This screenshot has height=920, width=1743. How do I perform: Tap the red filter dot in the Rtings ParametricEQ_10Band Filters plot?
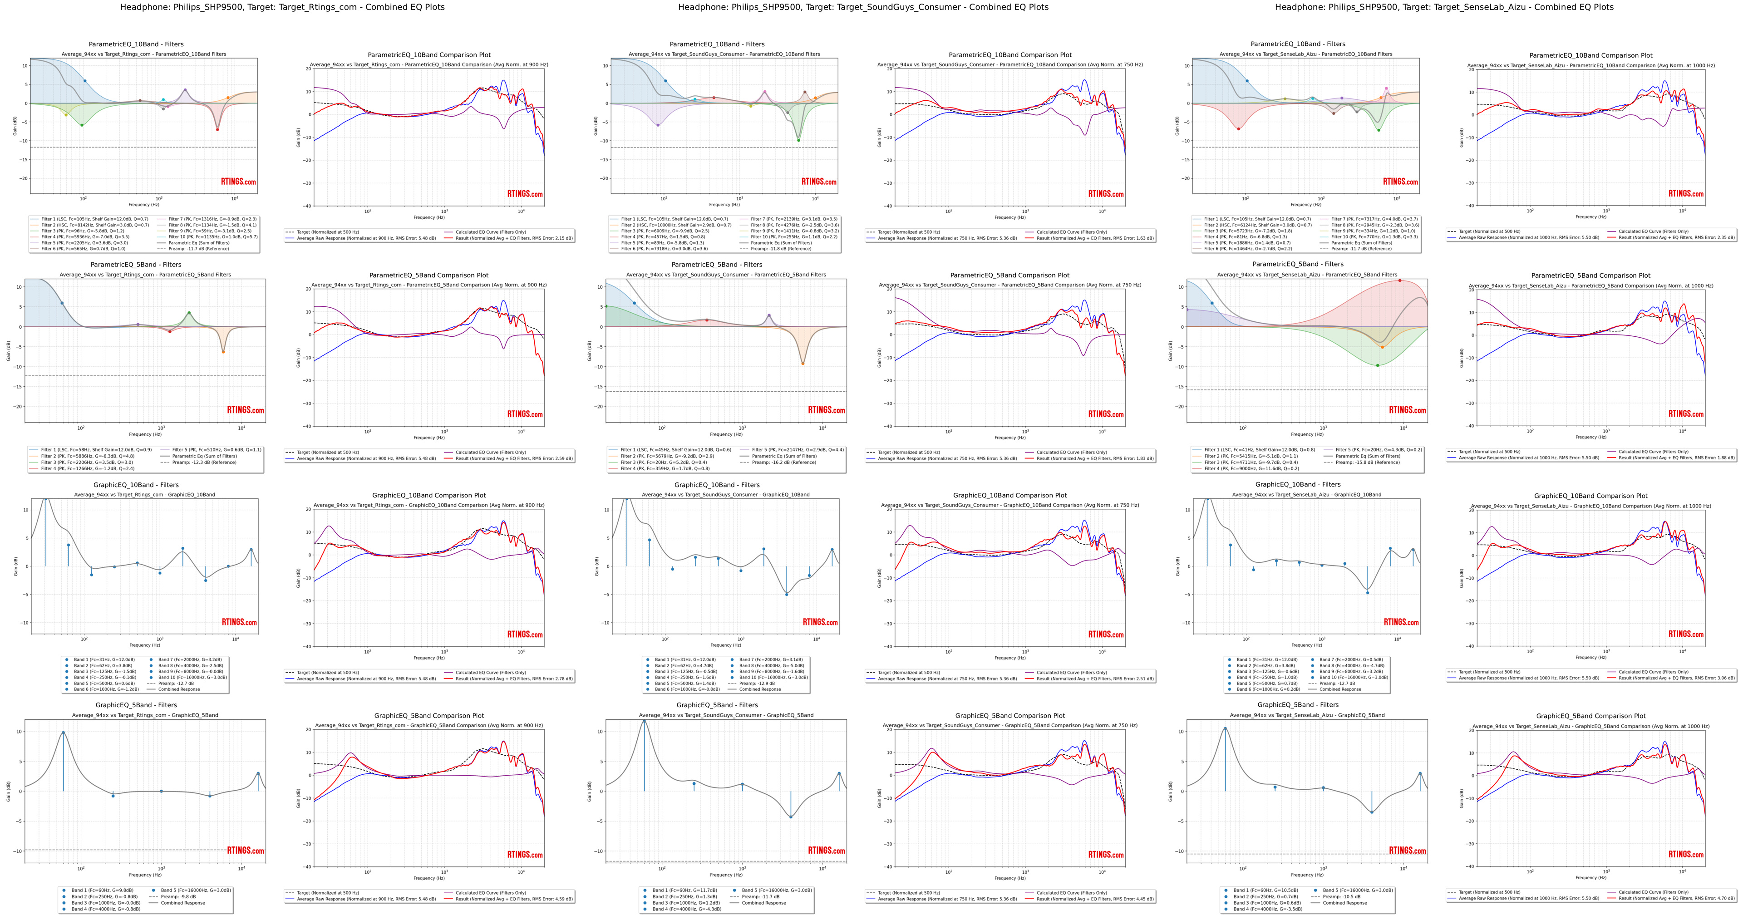click(x=217, y=129)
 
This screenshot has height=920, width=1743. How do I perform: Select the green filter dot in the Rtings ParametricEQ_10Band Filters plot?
click(x=82, y=125)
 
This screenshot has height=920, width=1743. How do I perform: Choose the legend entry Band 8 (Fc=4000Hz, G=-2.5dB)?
click(x=190, y=666)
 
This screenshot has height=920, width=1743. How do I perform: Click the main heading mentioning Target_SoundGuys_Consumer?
click(x=863, y=7)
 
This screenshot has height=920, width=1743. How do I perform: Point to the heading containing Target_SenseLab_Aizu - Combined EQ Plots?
click(x=1444, y=7)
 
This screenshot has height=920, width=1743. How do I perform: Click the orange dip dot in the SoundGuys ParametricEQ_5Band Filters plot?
click(x=803, y=363)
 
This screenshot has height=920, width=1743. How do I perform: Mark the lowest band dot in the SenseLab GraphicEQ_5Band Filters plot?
click(x=1372, y=812)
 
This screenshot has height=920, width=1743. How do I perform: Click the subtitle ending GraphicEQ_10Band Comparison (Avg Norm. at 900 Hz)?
click(x=428, y=505)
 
